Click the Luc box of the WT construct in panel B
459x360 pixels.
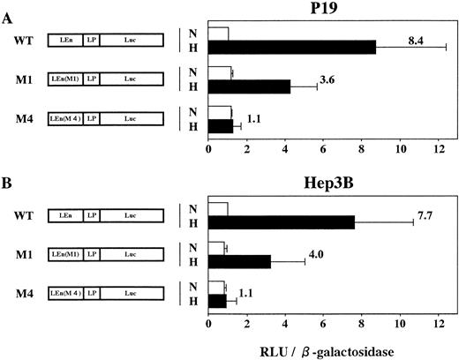tap(131, 215)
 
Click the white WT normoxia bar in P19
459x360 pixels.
tap(218, 34)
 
